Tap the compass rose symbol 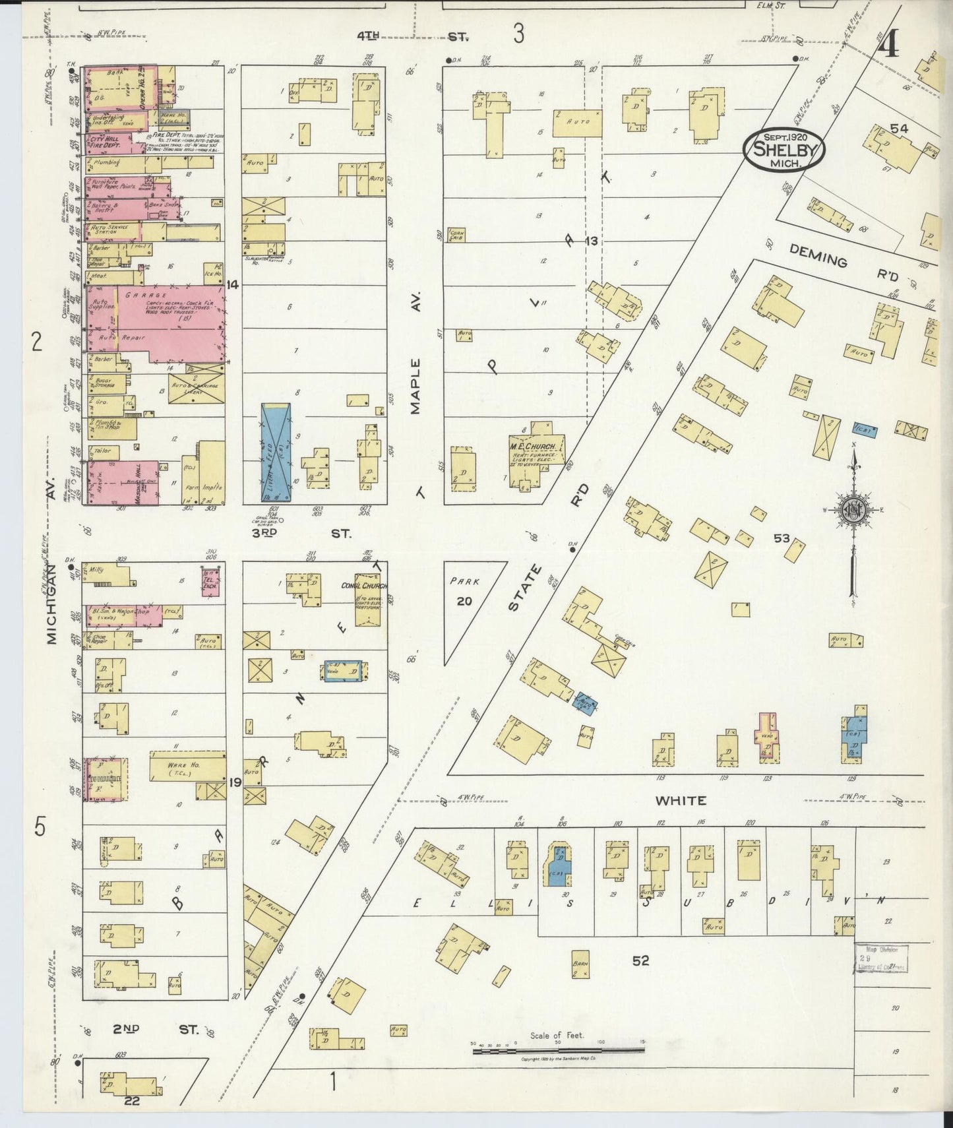point(852,509)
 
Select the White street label point(680,801)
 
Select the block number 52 point(640,960)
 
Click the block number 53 point(782,538)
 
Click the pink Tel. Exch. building point(210,581)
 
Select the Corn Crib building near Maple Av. point(456,235)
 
